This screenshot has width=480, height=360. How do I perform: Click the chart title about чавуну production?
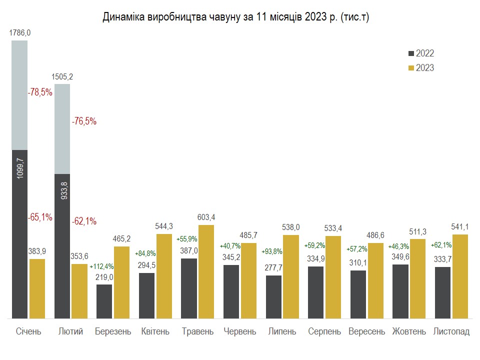pyautogui.click(x=235, y=17)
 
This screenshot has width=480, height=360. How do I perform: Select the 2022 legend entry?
pyautogui.click(x=421, y=53)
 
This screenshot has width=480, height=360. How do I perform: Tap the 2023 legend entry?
pyautogui.click(x=421, y=67)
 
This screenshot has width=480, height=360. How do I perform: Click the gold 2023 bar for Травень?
pyautogui.click(x=206, y=272)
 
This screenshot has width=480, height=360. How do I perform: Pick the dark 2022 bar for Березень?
pyautogui.click(x=104, y=301)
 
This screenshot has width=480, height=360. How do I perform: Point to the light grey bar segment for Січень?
pyautogui.click(x=19, y=95)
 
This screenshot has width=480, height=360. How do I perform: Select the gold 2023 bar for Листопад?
pyautogui.click(x=460, y=276)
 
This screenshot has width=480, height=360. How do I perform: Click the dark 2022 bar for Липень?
pyautogui.click(x=273, y=297)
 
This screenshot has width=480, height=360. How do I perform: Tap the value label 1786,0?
pyautogui.click(x=20, y=33)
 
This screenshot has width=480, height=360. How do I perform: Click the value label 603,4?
pyautogui.click(x=206, y=217)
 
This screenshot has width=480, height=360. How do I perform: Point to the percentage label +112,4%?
pyautogui.click(x=101, y=266)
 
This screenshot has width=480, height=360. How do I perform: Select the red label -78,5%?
pyautogui.click(x=40, y=92)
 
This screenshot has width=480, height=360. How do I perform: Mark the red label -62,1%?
pyautogui.click(x=84, y=221)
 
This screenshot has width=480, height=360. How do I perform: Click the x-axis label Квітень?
pyautogui.click(x=155, y=331)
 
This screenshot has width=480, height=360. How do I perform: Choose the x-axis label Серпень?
pyautogui.click(x=324, y=331)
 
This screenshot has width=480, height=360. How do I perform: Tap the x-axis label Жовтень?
pyautogui.click(x=409, y=331)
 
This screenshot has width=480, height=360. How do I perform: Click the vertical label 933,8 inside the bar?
pyautogui.click(x=64, y=190)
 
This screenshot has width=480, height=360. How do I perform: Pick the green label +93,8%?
pyautogui.click(x=272, y=251)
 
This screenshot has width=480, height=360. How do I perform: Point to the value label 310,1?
pyautogui.click(x=358, y=262)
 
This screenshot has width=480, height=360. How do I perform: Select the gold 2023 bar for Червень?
pyautogui.click(x=248, y=280)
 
